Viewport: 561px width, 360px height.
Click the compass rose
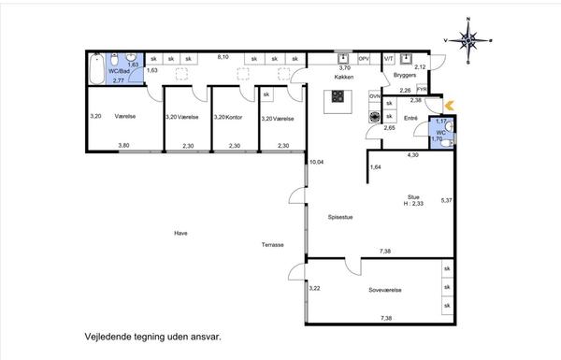(468, 40)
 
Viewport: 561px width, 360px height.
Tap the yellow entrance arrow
(450, 106)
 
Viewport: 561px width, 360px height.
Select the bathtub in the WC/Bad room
(96, 68)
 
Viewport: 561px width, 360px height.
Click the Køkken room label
(344, 77)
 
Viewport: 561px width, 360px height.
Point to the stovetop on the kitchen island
(338, 96)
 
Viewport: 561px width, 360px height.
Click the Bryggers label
(405, 75)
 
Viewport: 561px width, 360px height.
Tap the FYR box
(422, 89)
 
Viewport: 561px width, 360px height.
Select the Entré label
(410, 118)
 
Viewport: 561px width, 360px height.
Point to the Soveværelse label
(385, 290)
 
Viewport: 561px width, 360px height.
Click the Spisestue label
(340, 217)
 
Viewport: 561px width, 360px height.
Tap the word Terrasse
(273, 245)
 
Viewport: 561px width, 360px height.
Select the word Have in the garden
(180, 233)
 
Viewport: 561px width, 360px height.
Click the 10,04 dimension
(316, 162)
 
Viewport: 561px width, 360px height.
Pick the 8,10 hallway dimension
(223, 57)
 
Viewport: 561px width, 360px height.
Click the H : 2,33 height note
(413, 204)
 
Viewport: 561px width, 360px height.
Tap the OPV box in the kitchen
(364, 58)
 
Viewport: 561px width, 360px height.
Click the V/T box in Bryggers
(389, 59)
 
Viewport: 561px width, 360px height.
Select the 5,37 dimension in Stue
(447, 200)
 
